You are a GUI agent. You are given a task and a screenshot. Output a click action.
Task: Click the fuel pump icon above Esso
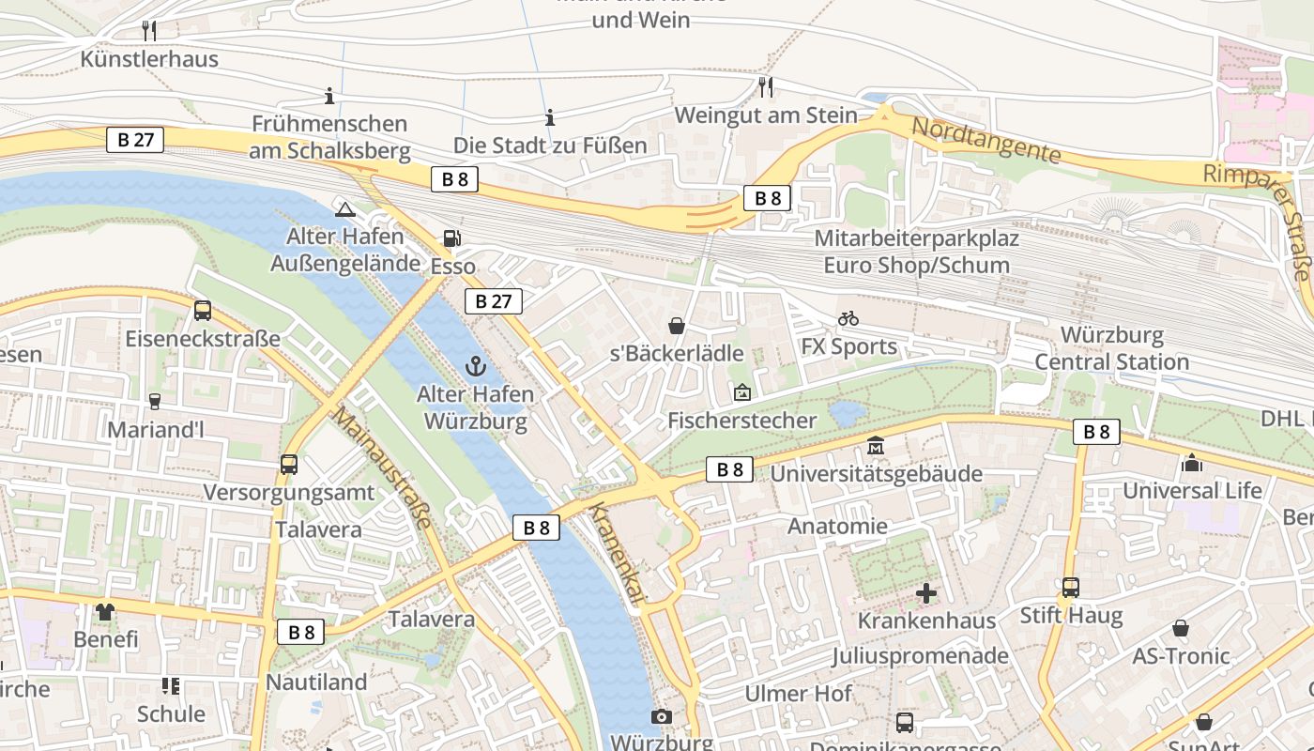(452, 238)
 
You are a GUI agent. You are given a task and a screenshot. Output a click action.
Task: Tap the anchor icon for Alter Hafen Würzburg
(476, 366)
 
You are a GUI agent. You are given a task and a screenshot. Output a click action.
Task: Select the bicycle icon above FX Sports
(848, 318)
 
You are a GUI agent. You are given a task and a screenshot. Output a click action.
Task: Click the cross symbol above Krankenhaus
(926, 593)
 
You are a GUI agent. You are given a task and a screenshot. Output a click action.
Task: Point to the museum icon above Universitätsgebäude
(876, 445)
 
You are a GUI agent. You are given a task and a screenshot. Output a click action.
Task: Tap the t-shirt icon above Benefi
(105, 612)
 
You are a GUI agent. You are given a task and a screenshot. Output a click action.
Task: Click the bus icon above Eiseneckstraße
(203, 311)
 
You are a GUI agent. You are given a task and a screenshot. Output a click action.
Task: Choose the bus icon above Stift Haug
(1071, 588)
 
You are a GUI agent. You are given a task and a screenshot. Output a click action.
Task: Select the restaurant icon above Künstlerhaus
(149, 30)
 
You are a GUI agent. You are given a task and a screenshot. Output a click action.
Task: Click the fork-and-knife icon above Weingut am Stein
(766, 87)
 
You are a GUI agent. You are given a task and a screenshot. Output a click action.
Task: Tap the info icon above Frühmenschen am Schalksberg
(329, 96)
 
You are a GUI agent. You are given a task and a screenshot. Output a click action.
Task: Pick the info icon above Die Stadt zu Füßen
(550, 117)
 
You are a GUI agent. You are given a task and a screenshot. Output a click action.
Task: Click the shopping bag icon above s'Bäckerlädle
(676, 326)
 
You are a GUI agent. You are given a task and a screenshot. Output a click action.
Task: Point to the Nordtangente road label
(985, 140)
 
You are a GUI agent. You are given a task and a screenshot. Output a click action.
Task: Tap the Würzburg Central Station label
(1112, 348)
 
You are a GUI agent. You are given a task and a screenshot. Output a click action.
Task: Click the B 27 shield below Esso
(493, 301)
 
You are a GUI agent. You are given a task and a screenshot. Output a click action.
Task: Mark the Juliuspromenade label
(920, 655)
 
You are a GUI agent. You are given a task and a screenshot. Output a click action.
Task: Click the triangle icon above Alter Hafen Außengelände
(344, 209)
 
